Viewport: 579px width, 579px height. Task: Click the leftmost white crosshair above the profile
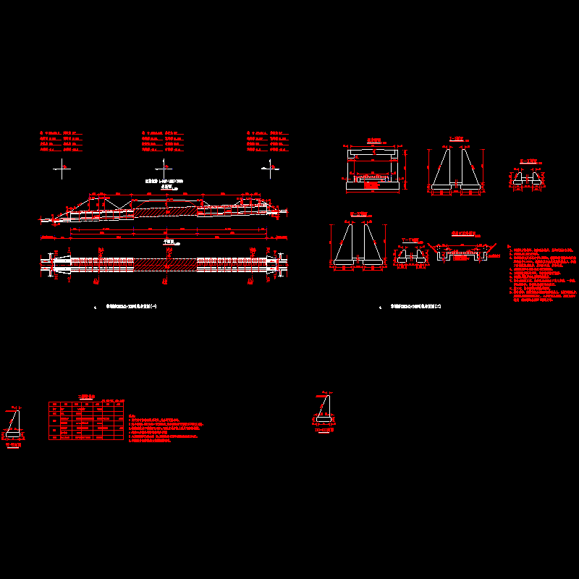tap(64, 167)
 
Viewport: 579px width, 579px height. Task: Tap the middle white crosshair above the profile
tap(166, 167)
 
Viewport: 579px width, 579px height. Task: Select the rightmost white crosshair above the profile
tap(273, 167)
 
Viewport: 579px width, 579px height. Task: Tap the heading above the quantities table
tap(85, 396)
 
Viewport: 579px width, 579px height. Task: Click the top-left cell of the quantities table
tap(53, 405)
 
